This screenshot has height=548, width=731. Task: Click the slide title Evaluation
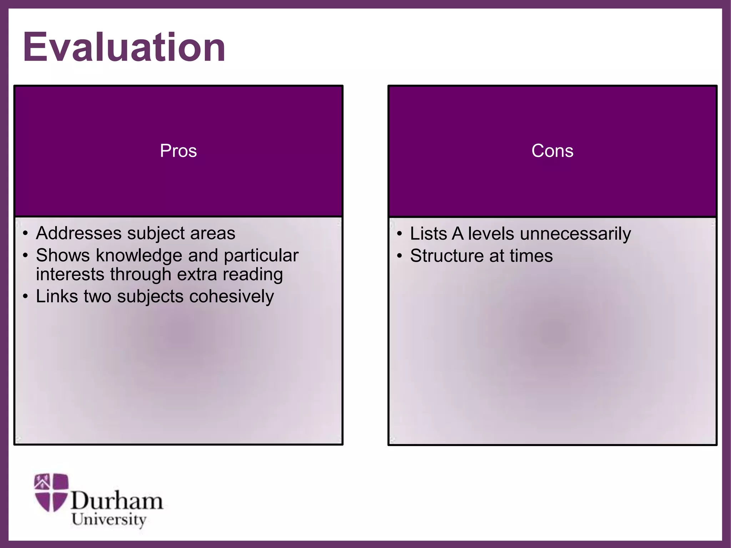[x=124, y=47]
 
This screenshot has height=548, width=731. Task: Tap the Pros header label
[x=178, y=151]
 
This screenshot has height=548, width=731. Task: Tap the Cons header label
[x=552, y=151]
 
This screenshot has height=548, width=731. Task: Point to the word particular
[x=261, y=256]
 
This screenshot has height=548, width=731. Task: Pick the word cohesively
[x=231, y=296]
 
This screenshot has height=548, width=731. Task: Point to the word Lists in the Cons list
[x=428, y=234]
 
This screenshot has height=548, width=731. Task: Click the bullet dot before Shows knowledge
[x=25, y=256]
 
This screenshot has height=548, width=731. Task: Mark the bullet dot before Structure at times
[x=399, y=256]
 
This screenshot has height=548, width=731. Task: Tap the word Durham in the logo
[x=117, y=501]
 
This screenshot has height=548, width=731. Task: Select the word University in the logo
[x=109, y=519]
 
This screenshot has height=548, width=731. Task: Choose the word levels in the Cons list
[x=491, y=234]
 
